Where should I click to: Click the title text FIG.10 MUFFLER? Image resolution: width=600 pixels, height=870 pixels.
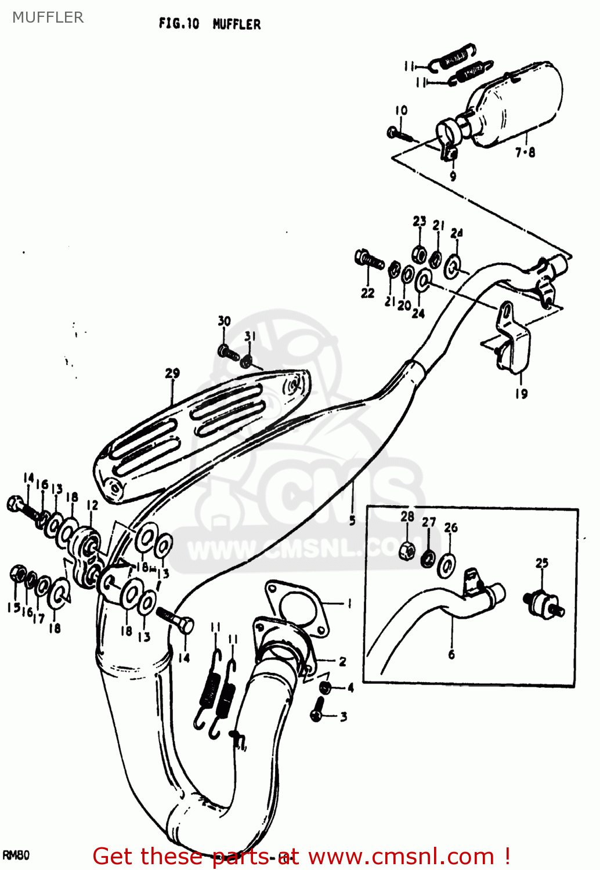(x=209, y=24)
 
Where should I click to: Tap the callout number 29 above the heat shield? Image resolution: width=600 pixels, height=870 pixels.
(x=172, y=373)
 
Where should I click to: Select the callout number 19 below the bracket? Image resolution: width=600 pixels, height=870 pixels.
(x=521, y=394)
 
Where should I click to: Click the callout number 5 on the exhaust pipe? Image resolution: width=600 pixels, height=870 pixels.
(x=352, y=520)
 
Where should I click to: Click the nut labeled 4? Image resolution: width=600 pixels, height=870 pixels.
(x=326, y=688)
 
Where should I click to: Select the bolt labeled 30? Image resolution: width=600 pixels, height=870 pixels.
(x=229, y=351)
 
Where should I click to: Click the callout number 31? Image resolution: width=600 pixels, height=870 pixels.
(x=250, y=336)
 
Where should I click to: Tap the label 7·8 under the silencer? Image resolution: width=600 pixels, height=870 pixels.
(x=525, y=153)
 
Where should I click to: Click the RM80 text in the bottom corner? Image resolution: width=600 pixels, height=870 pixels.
(x=16, y=855)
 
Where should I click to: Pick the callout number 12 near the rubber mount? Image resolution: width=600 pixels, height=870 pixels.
(x=93, y=505)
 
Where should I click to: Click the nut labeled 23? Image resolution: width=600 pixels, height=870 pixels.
(x=418, y=253)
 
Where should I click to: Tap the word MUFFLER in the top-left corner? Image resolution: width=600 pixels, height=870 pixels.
(x=48, y=17)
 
